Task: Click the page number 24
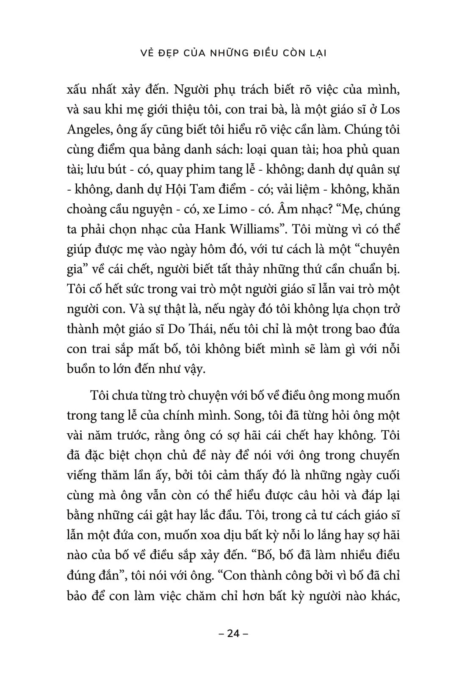233,634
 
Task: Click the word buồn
80,369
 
